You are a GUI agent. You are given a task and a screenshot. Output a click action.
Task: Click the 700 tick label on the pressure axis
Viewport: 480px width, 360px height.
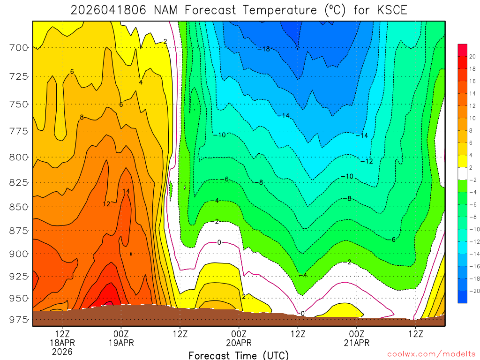click(19, 47)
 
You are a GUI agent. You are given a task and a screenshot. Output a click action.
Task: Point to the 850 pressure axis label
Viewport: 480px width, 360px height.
click(19, 207)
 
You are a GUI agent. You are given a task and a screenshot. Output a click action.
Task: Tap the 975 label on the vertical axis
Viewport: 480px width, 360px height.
click(19, 320)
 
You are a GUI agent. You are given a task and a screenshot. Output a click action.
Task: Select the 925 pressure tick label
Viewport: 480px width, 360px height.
click(19, 276)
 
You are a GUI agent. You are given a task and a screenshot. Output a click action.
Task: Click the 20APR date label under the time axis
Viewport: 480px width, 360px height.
click(239, 343)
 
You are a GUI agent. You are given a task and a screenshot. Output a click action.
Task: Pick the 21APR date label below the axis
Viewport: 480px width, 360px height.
click(357, 343)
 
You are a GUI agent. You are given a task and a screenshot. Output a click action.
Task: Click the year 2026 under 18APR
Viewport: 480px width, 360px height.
click(62, 352)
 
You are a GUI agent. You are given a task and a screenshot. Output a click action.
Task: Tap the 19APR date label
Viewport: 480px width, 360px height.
click(121, 343)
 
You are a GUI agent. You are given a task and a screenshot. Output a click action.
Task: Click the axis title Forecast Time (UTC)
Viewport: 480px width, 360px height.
click(239, 355)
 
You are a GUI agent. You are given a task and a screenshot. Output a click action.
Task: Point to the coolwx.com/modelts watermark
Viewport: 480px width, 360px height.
click(431, 353)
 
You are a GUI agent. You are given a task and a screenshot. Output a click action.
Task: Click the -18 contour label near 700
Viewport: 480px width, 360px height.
click(264, 49)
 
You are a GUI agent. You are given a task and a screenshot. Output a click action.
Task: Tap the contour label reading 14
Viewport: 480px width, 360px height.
click(126, 191)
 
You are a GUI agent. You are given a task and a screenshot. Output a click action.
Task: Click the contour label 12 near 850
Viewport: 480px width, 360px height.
click(106, 204)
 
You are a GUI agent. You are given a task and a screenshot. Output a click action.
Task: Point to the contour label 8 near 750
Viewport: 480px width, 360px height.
click(82, 117)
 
